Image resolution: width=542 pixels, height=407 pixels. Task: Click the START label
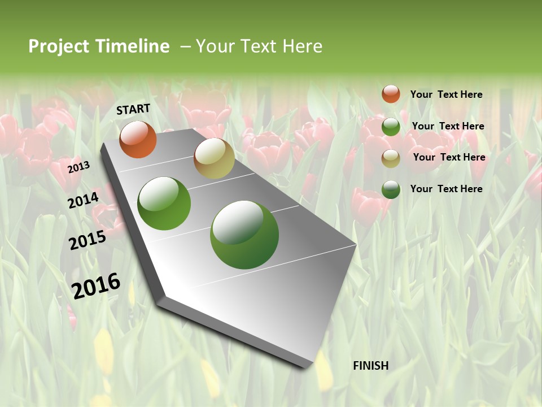point(133,109)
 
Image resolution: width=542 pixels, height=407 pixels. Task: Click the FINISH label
point(370,366)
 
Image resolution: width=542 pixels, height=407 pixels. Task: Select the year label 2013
point(78,167)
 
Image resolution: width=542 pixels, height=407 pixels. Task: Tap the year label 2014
point(84,200)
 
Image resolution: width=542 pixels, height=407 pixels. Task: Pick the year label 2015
point(88,240)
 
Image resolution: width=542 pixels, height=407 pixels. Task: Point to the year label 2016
point(96,286)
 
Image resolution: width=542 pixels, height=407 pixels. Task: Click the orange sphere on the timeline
point(138,140)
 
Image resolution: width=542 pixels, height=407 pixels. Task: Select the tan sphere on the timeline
point(214,158)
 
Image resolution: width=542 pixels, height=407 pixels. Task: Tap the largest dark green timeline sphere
point(244,235)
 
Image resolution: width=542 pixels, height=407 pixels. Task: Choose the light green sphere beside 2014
point(164,203)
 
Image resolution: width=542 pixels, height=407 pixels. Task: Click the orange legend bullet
point(391,94)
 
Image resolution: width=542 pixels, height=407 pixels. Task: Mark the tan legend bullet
point(391,158)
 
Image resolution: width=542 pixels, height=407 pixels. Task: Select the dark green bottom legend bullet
point(391,189)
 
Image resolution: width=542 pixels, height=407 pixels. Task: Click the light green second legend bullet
point(391,127)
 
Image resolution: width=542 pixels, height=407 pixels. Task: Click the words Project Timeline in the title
point(99,46)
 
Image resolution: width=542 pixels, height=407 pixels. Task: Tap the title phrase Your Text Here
point(259,46)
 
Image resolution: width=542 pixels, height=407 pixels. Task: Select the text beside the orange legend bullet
point(446,94)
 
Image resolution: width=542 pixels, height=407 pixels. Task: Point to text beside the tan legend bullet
point(449,157)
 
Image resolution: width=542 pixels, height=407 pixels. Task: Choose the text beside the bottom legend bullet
point(446,189)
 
